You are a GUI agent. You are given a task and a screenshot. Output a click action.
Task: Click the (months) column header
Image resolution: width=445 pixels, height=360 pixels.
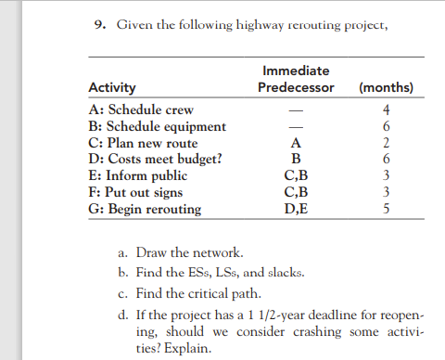point(385,89)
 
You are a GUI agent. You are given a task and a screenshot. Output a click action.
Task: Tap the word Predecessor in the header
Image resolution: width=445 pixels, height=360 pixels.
point(296,89)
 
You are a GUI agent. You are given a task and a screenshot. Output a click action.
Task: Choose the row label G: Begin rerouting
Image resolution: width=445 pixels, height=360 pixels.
point(144,206)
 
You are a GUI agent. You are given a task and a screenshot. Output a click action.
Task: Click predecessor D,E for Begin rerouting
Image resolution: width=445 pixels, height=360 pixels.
point(296,206)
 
